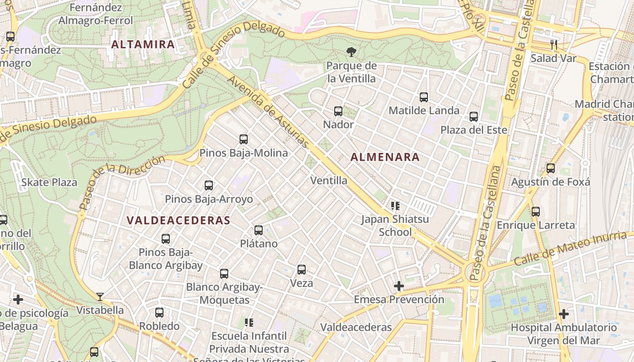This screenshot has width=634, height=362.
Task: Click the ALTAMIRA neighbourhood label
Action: point(143,44)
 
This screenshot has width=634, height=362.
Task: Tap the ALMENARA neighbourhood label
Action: point(385,157)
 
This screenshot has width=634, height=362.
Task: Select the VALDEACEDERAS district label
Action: point(178,221)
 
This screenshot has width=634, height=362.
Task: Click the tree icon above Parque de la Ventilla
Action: point(351,52)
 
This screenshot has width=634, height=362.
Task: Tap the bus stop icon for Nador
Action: point(338,111)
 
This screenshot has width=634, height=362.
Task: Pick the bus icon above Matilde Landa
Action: point(424,97)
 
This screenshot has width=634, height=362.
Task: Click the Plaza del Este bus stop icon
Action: point(474,117)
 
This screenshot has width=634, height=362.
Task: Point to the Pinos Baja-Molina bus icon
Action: point(244,139)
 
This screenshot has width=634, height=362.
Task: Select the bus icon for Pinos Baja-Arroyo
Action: point(209,186)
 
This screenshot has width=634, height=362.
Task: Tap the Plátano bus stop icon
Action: point(259,230)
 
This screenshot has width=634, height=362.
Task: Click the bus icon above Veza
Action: point(302,270)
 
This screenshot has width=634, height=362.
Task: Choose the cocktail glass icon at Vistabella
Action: point(100,297)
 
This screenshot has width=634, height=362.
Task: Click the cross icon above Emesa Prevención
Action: point(399,286)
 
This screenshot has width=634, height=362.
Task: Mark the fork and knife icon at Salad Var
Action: point(553,45)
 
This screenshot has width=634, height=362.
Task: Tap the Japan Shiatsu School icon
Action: point(395,206)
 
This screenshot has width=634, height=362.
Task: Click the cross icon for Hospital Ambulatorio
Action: point(564,314)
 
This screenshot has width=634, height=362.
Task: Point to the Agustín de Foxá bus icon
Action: point(551,168)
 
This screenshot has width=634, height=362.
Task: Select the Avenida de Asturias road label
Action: point(268,112)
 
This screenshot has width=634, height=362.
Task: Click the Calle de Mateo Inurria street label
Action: point(571,248)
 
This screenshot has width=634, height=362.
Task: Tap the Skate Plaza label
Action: point(49,183)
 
